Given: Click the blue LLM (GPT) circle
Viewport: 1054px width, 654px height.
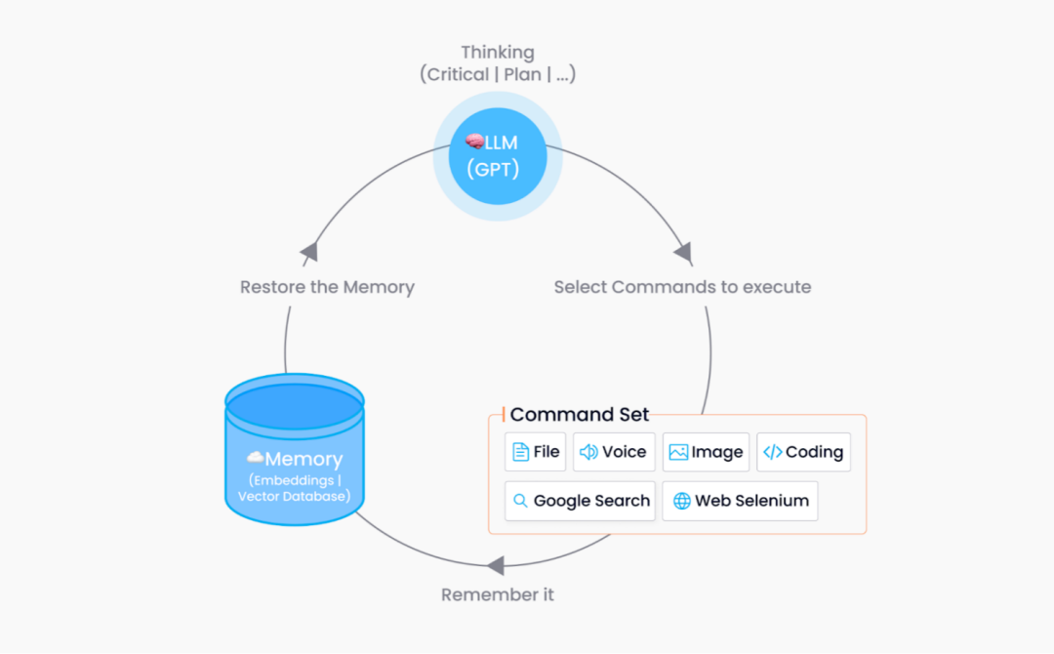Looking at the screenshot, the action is point(498,156).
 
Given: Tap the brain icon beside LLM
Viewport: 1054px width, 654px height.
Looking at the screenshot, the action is point(474,142).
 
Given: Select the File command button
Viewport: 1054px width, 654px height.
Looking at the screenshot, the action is point(535,452).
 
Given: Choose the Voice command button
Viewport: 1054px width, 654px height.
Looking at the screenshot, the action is point(614,452).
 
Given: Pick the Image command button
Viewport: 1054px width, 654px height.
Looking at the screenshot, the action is point(706,452).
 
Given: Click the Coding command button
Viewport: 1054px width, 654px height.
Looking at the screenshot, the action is point(803,452).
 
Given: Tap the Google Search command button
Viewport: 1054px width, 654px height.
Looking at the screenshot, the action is point(580,501).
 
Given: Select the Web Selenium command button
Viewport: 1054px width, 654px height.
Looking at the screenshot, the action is point(740,501).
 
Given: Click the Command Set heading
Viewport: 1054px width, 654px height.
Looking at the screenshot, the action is point(580,414).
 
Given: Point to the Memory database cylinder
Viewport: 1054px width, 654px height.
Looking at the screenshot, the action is point(295,449).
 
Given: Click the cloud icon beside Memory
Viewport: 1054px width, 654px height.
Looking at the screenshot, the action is point(255,458).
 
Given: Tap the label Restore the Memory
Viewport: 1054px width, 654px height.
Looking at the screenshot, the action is point(327,287).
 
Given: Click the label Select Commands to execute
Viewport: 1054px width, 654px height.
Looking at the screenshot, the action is point(682,287).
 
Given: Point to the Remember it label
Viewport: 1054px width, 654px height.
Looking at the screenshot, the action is point(498,594).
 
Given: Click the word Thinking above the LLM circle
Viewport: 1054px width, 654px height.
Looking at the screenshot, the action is point(498,52).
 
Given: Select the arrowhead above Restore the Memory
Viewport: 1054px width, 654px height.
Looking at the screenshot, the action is point(310,253).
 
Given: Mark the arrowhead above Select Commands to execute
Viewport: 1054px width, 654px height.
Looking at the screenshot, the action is point(683,254).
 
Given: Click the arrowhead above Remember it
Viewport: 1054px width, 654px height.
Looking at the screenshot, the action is point(496,565).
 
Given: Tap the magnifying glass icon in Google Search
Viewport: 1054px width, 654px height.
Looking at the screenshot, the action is point(520,501).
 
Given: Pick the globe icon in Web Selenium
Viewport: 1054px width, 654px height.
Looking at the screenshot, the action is point(681,501).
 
